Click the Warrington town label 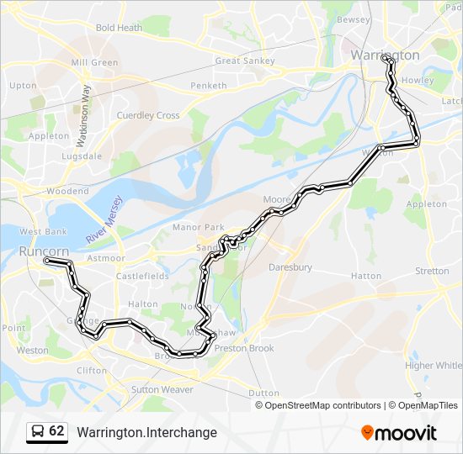(385, 55)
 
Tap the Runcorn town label (43, 251)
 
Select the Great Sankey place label (239, 61)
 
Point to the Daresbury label (290, 267)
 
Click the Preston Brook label (244, 348)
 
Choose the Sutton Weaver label (162, 389)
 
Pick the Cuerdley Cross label (147, 115)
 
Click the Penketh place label (209, 86)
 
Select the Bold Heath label (119, 28)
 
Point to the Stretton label (432, 271)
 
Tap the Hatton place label (365, 276)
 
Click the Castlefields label (142, 276)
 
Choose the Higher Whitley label (434, 366)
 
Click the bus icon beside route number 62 (37, 431)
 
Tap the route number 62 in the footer (56, 431)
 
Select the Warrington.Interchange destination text (146, 432)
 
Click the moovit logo (399, 432)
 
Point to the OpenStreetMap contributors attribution (322, 405)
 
